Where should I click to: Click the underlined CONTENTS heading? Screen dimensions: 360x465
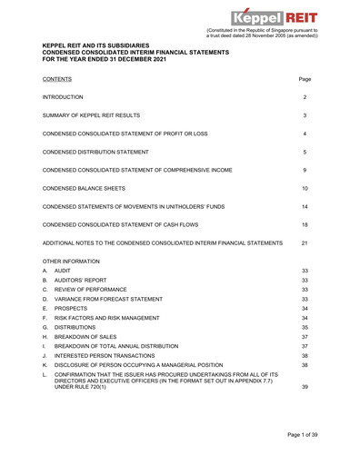coord(63,79)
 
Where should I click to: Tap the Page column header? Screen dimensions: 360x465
coord(305,79)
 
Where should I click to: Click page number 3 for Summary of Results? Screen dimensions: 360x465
coord(305,115)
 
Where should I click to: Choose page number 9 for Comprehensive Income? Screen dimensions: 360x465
coord(305,170)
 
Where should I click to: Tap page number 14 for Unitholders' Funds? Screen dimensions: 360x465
coord(305,207)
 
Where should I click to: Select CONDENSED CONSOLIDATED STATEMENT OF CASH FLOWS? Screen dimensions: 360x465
coord(134,225)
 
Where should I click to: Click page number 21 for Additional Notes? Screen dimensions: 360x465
coord(305,243)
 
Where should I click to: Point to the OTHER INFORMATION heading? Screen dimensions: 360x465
coord(75,262)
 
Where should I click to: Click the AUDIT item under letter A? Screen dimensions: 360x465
coord(63,272)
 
